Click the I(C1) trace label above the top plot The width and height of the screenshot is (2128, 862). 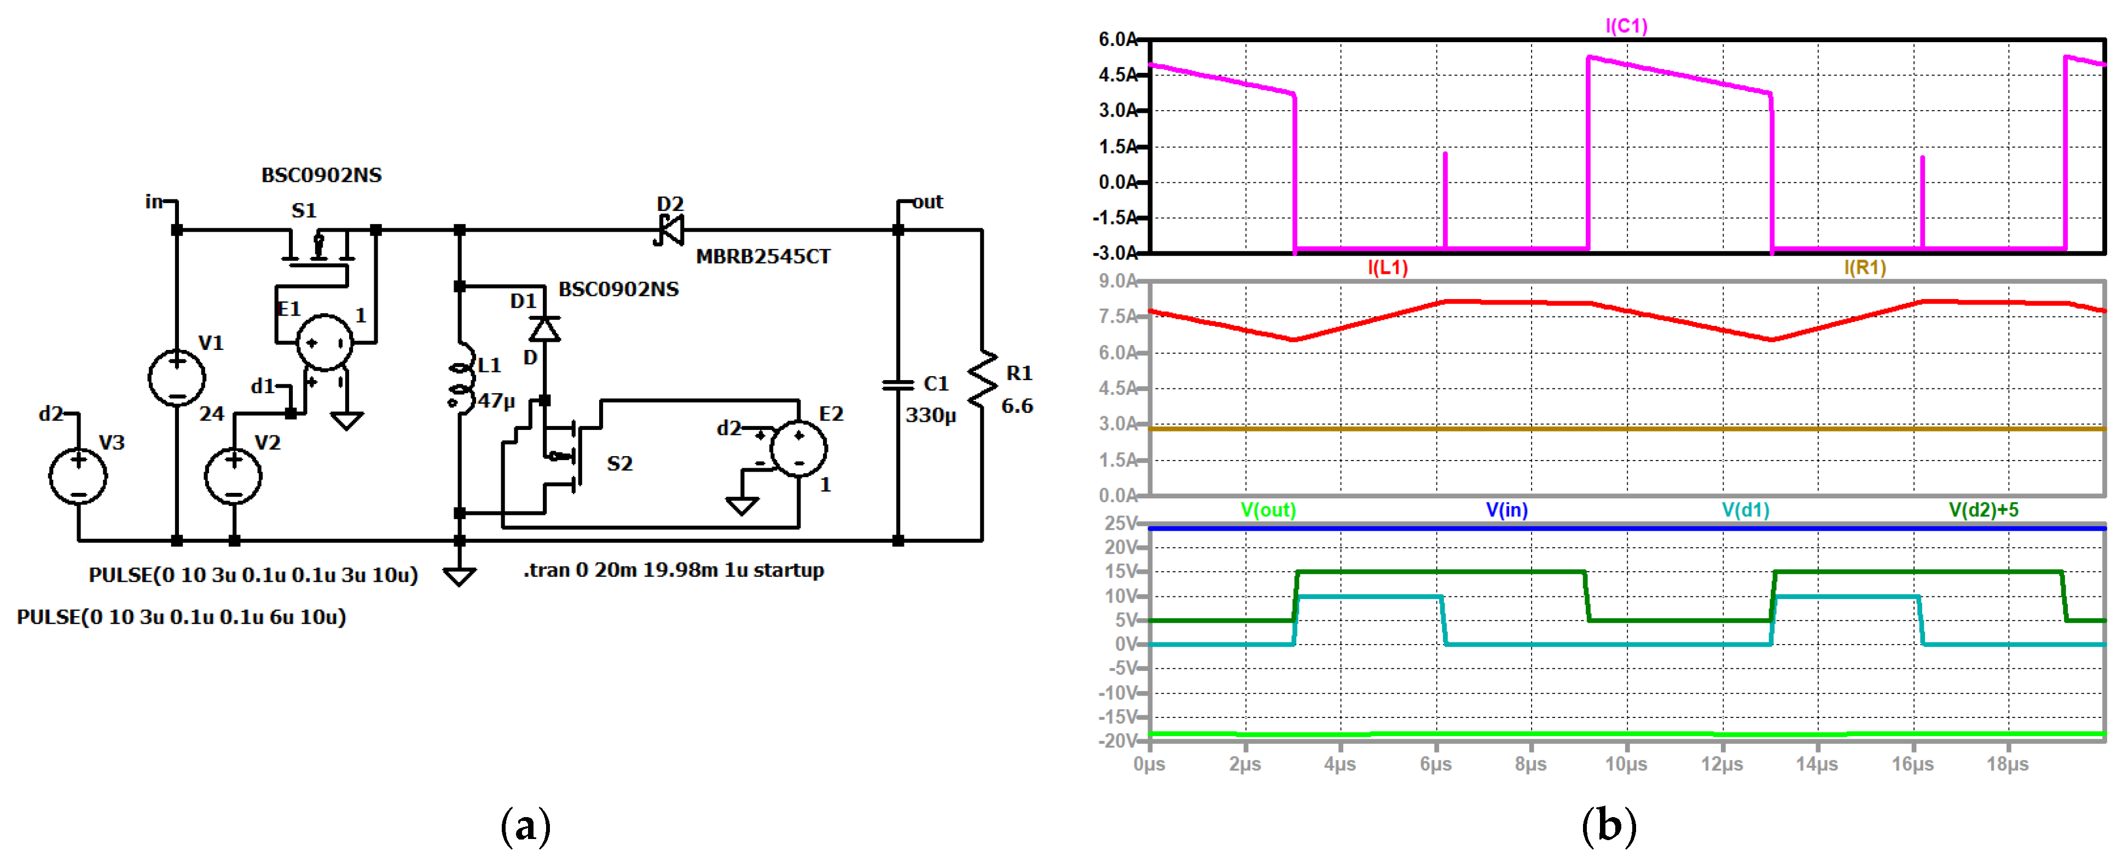tap(1625, 26)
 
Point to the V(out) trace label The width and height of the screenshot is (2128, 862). tap(1268, 510)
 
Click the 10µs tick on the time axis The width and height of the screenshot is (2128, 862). tap(1625, 763)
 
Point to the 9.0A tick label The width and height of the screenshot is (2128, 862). tap(1117, 281)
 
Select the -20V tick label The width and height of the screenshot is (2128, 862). tap(1117, 740)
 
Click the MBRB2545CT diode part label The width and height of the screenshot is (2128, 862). tap(762, 257)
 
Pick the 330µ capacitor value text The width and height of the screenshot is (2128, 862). tap(930, 415)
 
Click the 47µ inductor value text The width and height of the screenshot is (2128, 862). tap(496, 401)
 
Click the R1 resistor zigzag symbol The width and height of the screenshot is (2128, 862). tap(982, 380)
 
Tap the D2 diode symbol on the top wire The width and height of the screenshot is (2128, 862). tap(669, 230)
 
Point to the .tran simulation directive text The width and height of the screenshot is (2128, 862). tap(673, 570)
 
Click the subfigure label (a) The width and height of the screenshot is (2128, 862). tap(525, 826)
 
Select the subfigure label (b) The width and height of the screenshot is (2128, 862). tap(1608, 826)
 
